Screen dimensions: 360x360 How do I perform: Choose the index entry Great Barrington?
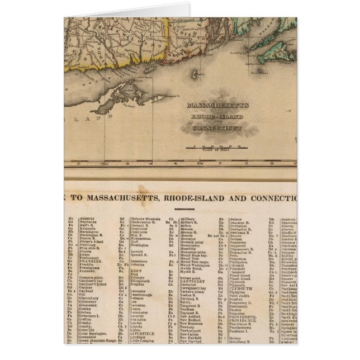click(x=96, y=332)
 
